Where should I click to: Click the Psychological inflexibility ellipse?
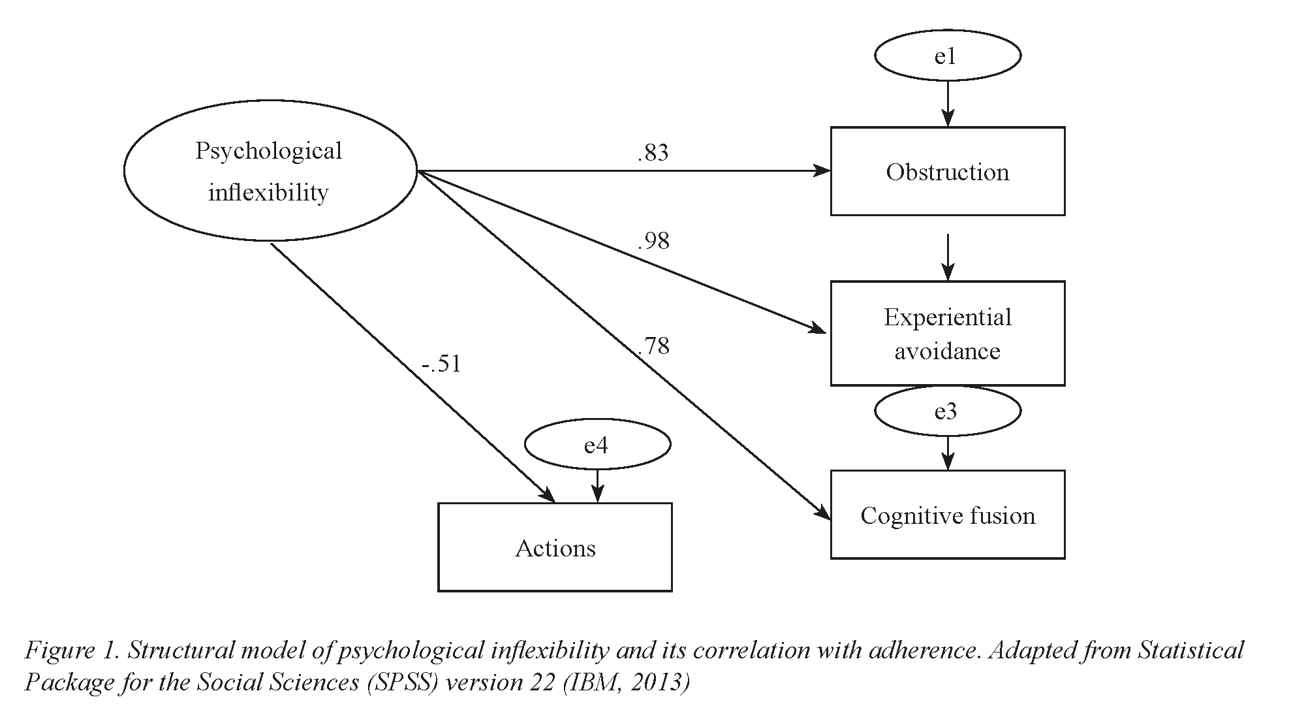pos(270,171)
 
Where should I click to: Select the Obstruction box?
pos(947,172)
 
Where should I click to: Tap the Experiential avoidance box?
pos(947,334)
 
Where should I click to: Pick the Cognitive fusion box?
pos(947,515)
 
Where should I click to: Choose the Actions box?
pos(555,548)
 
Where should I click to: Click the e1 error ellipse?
pos(947,56)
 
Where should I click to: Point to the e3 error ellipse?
pos(947,411)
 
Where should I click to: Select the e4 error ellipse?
pos(597,445)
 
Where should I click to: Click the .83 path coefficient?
pos(653,153)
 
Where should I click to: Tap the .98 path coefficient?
pos(653,241)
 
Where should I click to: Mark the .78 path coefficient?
pos(653,346)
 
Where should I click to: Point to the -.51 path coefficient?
pos(441,364)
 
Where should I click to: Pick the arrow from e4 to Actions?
pos(597,487)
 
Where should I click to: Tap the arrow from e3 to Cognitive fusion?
pos(948,453)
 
